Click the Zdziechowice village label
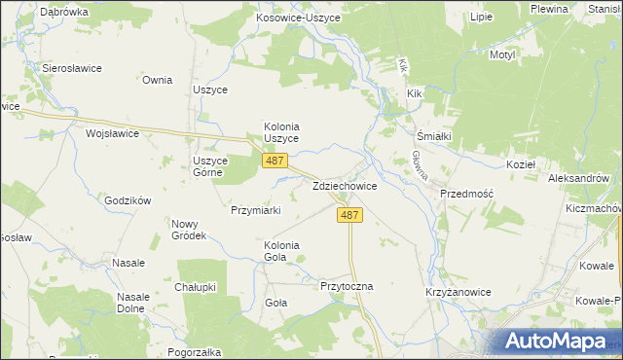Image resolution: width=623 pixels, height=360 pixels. (345, 185)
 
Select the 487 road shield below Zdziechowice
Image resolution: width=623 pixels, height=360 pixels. (352, 215)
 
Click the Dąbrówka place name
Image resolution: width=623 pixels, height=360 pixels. (65, 12)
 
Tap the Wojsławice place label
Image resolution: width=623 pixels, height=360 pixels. (113, 133)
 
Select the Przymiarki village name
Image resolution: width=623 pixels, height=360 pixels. (256, 209)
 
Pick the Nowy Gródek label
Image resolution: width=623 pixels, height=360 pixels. (189, 230)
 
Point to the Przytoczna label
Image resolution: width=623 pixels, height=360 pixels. (347, 287)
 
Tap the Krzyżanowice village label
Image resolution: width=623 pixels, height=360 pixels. (456, 292)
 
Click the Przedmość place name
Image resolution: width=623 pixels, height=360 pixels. (467, 194)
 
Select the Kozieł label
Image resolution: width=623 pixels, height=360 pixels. (550, 165)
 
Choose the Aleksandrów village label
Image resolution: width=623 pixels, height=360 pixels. (578, 179)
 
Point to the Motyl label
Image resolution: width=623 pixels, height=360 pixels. (501, 55)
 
